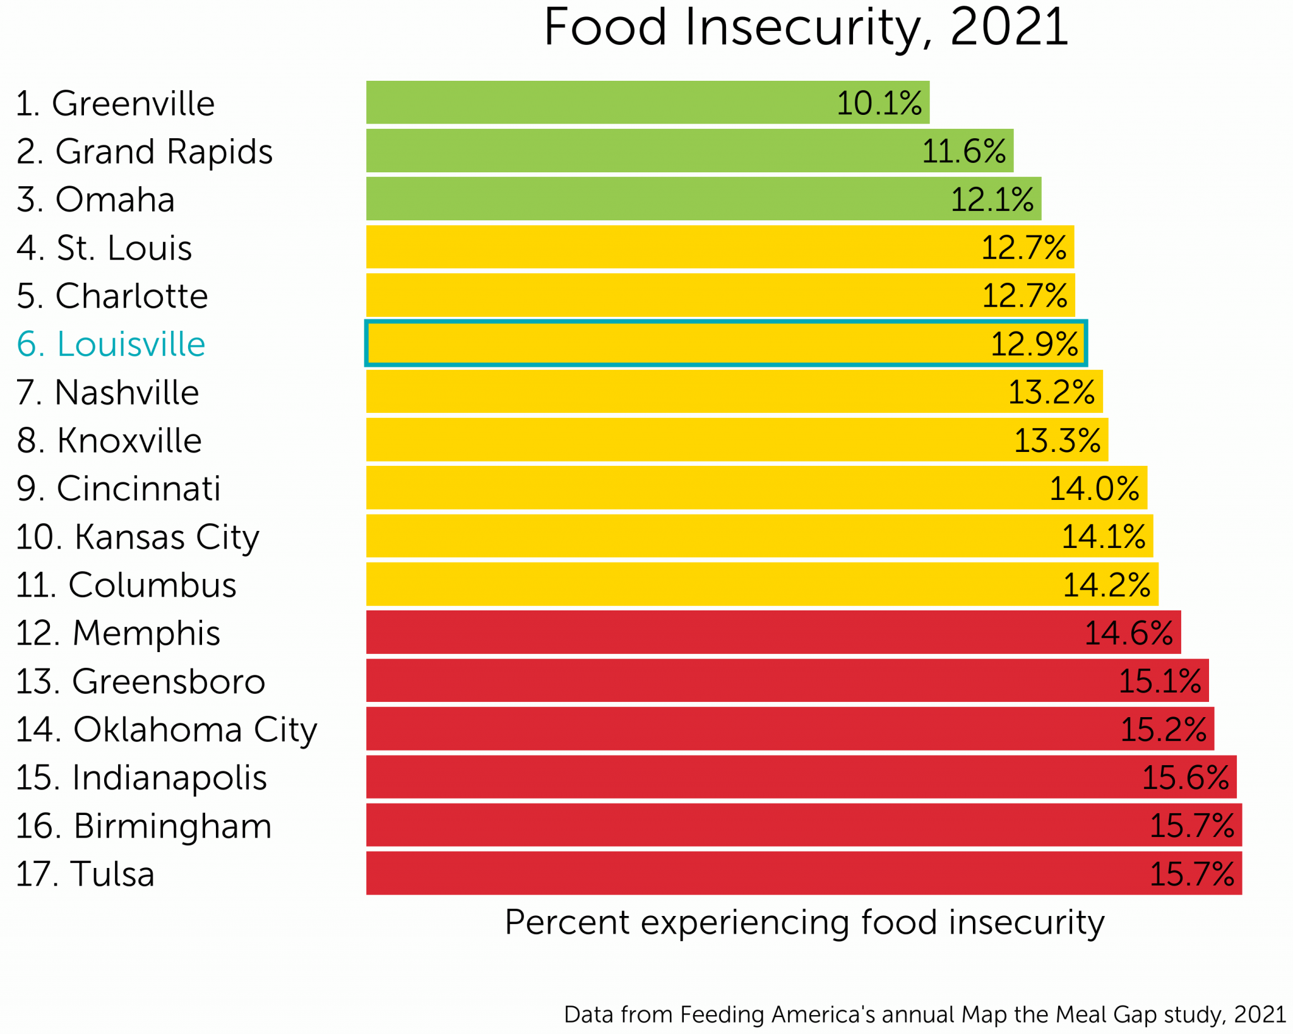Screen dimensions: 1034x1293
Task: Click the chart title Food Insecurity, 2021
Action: click(x=806, y=28)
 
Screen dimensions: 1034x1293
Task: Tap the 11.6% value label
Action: click(x=963, y=152)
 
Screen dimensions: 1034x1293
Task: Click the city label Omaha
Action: click(x=96, y=199)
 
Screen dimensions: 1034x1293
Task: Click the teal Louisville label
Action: click(x=111, y=344)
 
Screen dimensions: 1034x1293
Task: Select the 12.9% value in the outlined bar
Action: click(x=1034, y=344)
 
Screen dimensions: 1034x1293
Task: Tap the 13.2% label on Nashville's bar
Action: click(x=1051, y=392)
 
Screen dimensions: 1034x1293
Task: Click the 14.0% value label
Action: click(x=1094, y=489)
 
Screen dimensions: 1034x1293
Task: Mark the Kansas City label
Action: click(x=138, y=537)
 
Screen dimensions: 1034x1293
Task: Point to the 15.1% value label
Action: click(x=1160, y=681)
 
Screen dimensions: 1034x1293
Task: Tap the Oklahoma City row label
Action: click(x=166, y=730)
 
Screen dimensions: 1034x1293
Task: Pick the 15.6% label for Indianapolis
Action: click(x=1185, y=777)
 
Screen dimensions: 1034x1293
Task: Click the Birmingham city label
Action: click(x=144, y=826)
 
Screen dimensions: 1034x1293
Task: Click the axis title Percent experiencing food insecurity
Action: click(x=804, y=922)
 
